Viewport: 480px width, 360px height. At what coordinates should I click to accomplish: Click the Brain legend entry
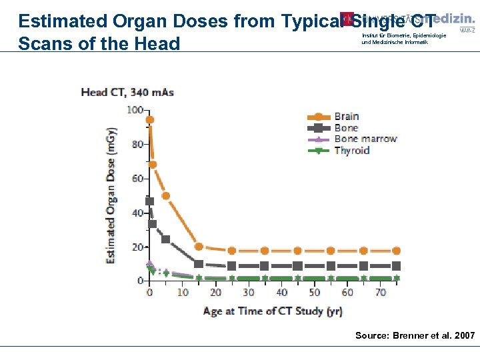point(346,117)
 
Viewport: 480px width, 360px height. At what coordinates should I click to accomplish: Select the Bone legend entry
point(345,128)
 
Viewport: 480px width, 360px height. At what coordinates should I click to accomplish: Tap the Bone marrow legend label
point(365,139)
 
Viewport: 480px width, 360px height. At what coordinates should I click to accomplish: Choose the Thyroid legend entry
point(351,151)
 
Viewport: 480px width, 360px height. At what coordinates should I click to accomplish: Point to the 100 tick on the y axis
point(136,109)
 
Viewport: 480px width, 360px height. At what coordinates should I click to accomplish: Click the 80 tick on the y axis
point(138,144)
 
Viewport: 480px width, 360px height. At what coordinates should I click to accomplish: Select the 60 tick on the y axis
point(138,179)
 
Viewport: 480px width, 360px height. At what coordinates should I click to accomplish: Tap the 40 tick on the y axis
point(138,213)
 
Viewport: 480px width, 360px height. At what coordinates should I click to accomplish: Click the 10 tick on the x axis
point(182,293)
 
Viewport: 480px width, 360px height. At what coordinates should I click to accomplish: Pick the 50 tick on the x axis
point(315,293)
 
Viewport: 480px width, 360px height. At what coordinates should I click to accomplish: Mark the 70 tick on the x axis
point(381,293)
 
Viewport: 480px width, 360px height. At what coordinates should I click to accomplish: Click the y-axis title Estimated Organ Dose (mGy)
point(111,195)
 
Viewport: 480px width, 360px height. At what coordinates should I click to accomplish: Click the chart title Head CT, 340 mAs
point(127,92)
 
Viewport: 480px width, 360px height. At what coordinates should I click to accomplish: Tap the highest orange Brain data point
point(150,120)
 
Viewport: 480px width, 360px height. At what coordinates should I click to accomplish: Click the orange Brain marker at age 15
point(199,247)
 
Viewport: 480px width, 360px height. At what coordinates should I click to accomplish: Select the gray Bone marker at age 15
point(199,264)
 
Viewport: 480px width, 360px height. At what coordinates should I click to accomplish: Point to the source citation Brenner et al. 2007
point(415,335)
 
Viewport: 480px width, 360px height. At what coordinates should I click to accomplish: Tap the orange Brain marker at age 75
point(397,251)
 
